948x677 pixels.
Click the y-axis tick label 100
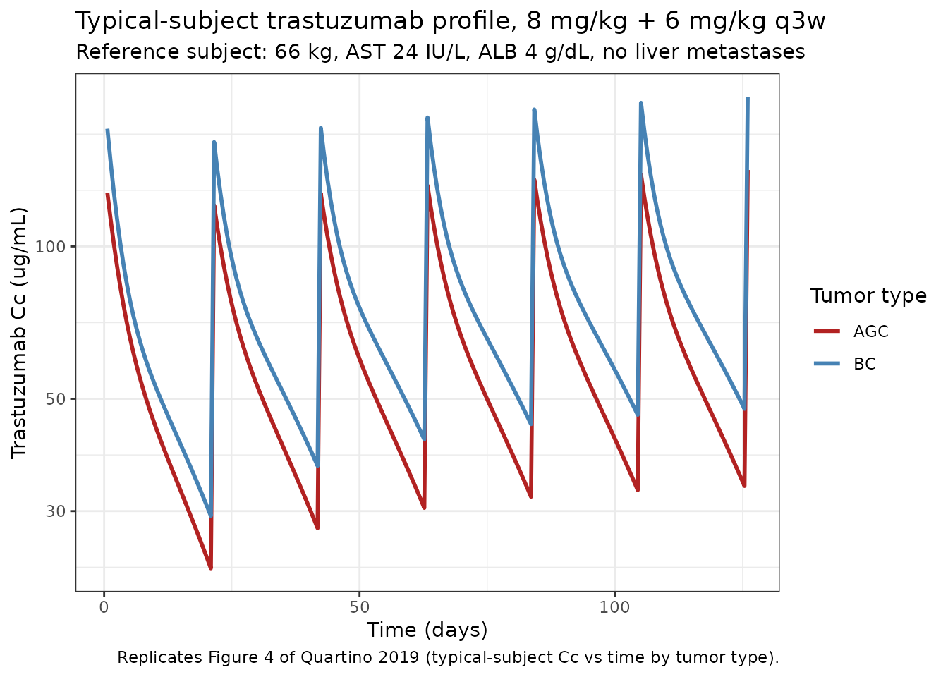(51, 247)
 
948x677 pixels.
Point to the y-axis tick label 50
(56, 398)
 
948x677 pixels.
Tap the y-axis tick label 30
(56, 511)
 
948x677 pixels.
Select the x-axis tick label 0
(104, 606)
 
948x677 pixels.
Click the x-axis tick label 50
(359, 606)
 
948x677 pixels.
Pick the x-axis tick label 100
(614, 606)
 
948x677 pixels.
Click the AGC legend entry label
(870, 331)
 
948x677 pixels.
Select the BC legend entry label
(864, 364)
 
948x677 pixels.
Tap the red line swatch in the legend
(827, 331)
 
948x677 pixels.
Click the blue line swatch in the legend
(827, 363)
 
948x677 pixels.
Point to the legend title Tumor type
(868, 296)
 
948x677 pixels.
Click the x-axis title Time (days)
(427, 630)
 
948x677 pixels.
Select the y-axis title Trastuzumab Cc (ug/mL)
(19, 333)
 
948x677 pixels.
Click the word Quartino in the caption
(332, 658)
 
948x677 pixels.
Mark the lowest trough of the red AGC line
(210, 568)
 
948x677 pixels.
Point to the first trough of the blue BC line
(210, 516)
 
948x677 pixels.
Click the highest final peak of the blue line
(748, 99)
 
